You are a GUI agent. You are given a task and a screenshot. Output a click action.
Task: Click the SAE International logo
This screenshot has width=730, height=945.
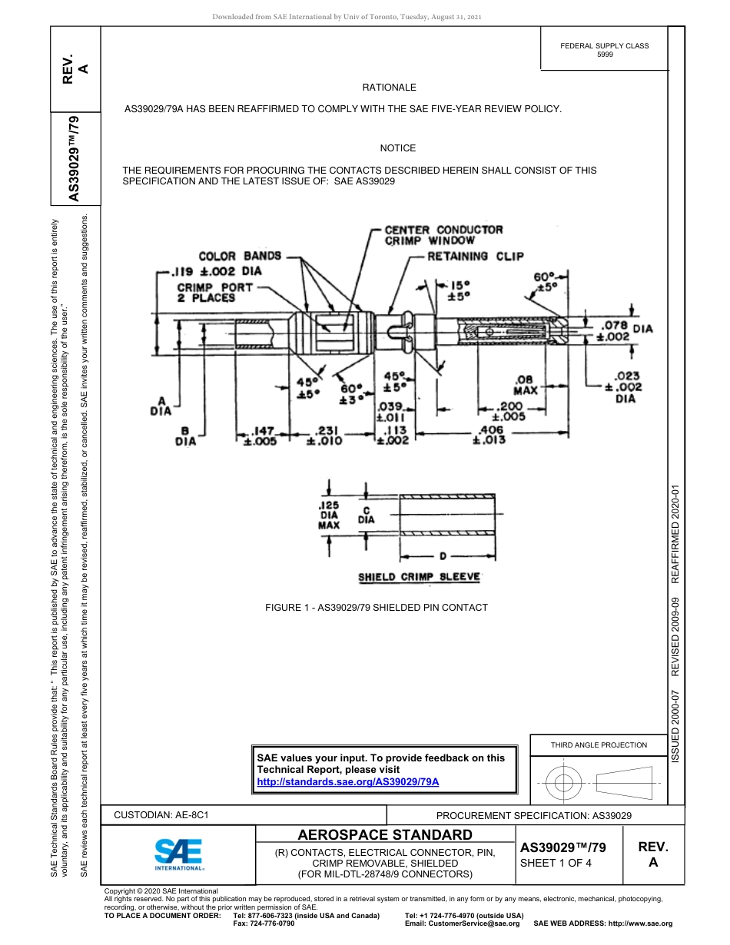click(x=178, y=854)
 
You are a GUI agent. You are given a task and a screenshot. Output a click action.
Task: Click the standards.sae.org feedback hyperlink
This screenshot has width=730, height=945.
click(x=347, y=781)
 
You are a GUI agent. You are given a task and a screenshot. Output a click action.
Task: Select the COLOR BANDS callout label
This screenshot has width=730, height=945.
click(x=240, y=256)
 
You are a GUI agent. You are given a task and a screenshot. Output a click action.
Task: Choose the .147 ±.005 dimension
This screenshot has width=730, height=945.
click(x=260, y=436)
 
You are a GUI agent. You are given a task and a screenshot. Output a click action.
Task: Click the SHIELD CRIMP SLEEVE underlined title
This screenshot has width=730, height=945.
click(x=419, y=577)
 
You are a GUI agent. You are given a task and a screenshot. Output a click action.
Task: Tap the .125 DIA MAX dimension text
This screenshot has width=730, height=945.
click(x=329, y=516)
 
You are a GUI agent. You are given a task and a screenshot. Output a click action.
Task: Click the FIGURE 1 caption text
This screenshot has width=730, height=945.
click(x=377, y=608)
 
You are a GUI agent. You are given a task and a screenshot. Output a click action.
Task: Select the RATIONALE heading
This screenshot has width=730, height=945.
click(x=389, y=88)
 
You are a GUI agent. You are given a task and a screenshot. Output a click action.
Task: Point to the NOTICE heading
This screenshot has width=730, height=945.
click(x=397, y=148)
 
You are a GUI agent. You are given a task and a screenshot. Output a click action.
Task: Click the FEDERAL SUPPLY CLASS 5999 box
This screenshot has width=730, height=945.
click(x=604, y=50)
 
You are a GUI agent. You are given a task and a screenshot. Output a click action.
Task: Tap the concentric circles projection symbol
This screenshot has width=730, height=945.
click(x=564, y=783)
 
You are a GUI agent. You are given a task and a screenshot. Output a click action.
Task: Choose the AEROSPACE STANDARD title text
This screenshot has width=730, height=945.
click(x=385, y=835)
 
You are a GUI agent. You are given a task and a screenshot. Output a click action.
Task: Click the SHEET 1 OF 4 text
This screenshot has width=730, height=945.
click(x=556, y=863)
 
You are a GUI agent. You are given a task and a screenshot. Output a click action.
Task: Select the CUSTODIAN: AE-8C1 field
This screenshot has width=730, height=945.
click(x=161, y=815)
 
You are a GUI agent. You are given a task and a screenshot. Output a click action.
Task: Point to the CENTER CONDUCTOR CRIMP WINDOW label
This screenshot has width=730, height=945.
click(x=443, y=235)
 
